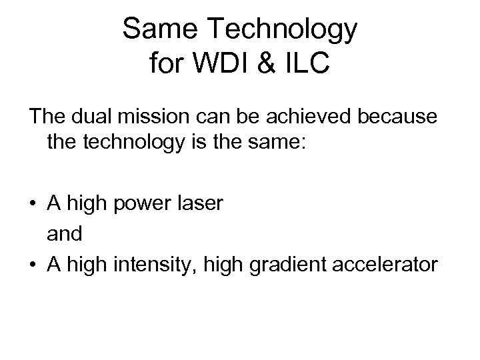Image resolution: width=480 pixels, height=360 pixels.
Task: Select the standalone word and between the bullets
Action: coord(65,233)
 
